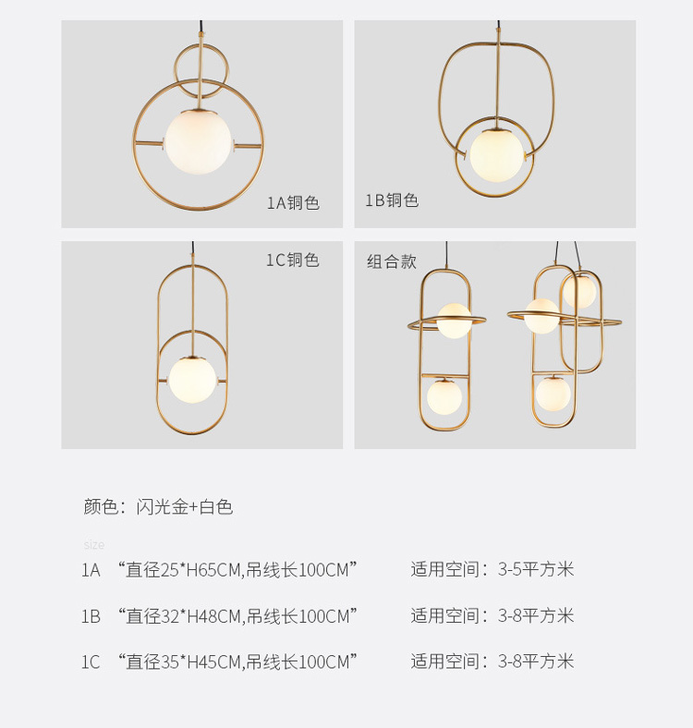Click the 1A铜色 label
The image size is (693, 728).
293,203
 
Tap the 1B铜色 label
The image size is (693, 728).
392,200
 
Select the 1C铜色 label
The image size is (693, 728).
293,260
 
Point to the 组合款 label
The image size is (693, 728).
392,261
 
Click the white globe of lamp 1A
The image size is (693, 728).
199,141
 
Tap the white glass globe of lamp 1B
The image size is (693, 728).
496,155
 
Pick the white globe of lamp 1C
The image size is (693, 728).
192,380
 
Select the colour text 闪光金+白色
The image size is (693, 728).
185,506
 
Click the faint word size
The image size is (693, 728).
94,544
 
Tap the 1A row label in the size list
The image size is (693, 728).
91,570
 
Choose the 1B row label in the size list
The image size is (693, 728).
91,616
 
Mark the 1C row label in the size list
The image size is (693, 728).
91,661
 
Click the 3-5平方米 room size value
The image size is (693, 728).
536,569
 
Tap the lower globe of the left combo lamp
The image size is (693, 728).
444,396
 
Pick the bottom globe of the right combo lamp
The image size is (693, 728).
553,394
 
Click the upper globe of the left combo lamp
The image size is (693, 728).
454,321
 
